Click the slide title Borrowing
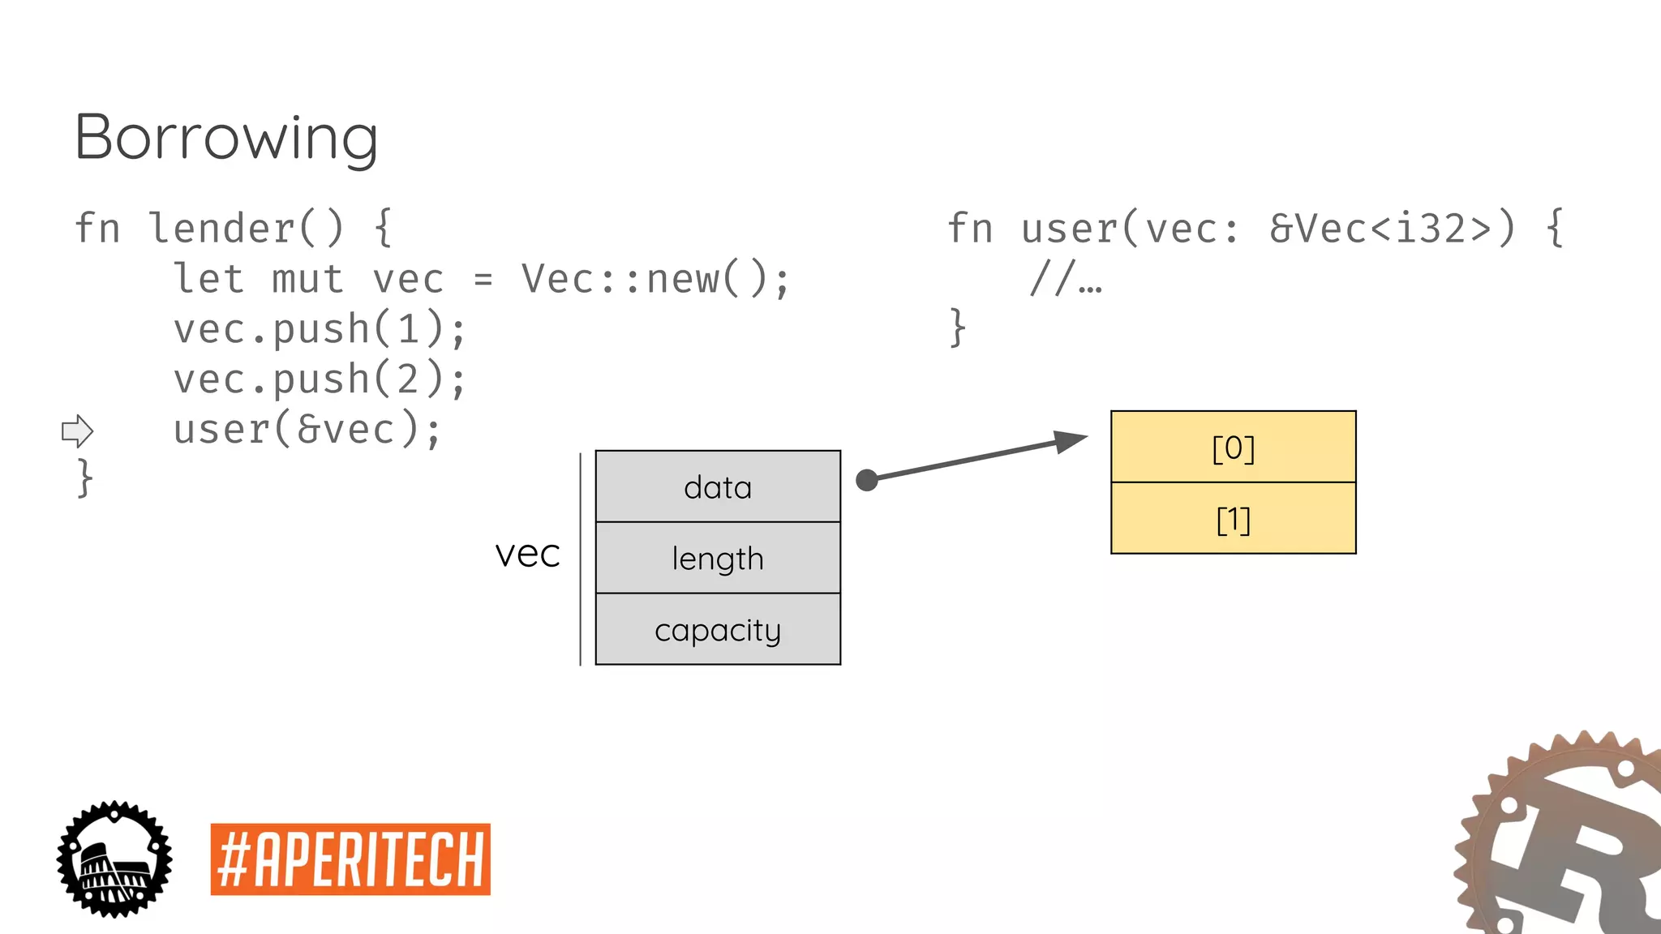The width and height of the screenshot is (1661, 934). [226, 138]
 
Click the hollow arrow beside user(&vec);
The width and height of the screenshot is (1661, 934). [78, 431]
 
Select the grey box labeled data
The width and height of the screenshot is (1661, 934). [718, 486]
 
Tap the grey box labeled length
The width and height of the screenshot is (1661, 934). [718, 558]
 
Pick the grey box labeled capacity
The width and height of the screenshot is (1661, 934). [718, 629]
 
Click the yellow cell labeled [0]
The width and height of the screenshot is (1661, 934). [1233, 447]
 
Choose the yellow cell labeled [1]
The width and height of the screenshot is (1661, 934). [1233, 519]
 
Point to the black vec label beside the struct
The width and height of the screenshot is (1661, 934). [527, 555]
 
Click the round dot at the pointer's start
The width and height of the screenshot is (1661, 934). [867, 480]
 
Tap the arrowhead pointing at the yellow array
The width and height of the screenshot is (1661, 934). [1071, 442]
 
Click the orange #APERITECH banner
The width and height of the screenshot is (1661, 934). [350, 859]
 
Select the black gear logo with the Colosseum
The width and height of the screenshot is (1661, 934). [114, 859]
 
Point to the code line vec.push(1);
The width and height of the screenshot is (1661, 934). [320, 329]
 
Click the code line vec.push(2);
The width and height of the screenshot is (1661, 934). [320, 379]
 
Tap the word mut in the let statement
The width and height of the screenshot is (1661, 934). [308, 279]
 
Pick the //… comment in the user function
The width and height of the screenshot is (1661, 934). [1065, 279]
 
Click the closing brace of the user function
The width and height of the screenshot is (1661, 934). [958, 328]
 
